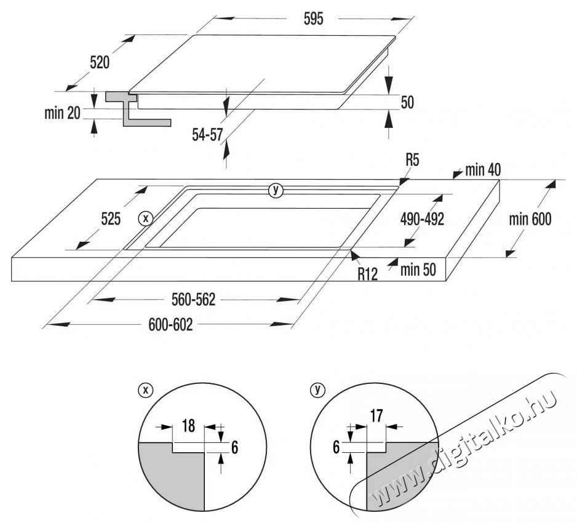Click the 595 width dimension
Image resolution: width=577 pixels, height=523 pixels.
pos(312,19)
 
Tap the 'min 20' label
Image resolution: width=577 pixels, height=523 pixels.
pos(63,113)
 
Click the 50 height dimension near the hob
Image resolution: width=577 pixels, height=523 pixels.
pos(407,103)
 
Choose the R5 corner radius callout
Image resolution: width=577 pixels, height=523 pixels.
pos(412,162)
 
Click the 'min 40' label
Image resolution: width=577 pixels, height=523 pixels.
pos(483,170)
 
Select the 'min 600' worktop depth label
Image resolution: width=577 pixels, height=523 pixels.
pos(530,218)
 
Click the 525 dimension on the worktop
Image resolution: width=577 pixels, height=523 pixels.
pos(111,218)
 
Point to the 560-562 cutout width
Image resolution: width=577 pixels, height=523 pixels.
pos(194,300)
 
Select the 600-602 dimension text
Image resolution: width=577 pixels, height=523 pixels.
pos(170,325)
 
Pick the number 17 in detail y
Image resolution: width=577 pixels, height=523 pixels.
pos(375,417)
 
